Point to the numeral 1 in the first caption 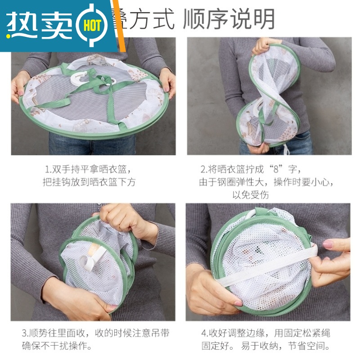click(x=47, y=170)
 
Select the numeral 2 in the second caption click(x=203, y=170)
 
